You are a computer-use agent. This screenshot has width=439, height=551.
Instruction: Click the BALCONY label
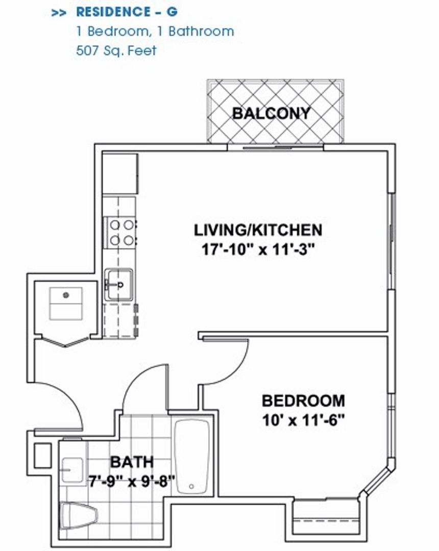tap(272, 113)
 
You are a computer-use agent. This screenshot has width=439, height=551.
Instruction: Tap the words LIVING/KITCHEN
tap(258, 230)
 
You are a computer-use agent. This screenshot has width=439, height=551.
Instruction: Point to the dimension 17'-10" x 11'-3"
tap(258, 250)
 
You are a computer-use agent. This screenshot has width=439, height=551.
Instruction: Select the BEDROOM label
tap(303, 400)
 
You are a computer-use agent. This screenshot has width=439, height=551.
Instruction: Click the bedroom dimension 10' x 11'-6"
tap(303, 420)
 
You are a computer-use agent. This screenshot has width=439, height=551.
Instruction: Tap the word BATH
tap(132, 462)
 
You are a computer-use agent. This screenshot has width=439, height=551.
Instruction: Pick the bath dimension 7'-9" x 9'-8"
tap(132, 481)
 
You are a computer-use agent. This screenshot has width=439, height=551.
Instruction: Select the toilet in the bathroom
tap(79, 515)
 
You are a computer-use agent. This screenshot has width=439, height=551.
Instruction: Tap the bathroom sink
tap(72, 470)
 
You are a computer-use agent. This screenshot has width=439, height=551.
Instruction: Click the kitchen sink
tap(119, 285)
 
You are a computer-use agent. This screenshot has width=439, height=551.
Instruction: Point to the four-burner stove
tap(120, 233)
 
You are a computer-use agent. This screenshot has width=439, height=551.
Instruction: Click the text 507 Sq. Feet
tap(116, 51)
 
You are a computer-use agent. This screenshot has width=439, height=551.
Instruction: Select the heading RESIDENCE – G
tap(127, 12)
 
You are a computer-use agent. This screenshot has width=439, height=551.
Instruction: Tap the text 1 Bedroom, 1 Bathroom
tap(155, 31)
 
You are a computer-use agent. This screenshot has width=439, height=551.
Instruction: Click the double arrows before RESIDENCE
tap(59, 13)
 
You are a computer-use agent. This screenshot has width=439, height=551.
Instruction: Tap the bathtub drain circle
tap(191, 487)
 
